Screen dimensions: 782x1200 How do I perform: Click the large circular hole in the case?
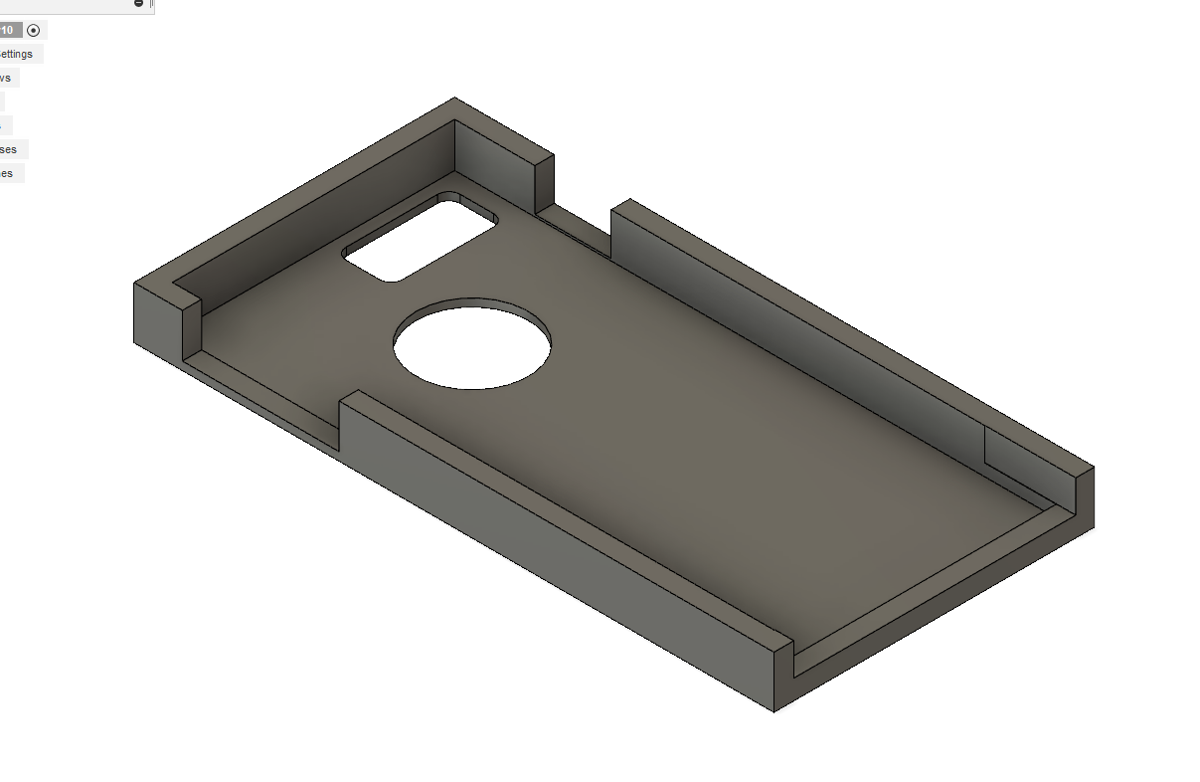(472, 343)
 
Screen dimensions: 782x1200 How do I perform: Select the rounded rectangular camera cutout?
(420, 239)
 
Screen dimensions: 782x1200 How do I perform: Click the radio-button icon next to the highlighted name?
(34, 30)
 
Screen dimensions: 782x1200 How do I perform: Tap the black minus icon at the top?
(138, 4)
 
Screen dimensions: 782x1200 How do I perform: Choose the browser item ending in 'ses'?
(9, 149)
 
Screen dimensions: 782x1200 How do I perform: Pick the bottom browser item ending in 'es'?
(8, 173)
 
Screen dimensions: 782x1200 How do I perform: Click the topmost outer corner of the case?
(455, 99)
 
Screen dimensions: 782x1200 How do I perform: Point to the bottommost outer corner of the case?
(773, 709)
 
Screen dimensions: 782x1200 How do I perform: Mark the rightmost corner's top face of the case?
(1085, 472)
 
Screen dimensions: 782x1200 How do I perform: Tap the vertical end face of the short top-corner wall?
(544, 184)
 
